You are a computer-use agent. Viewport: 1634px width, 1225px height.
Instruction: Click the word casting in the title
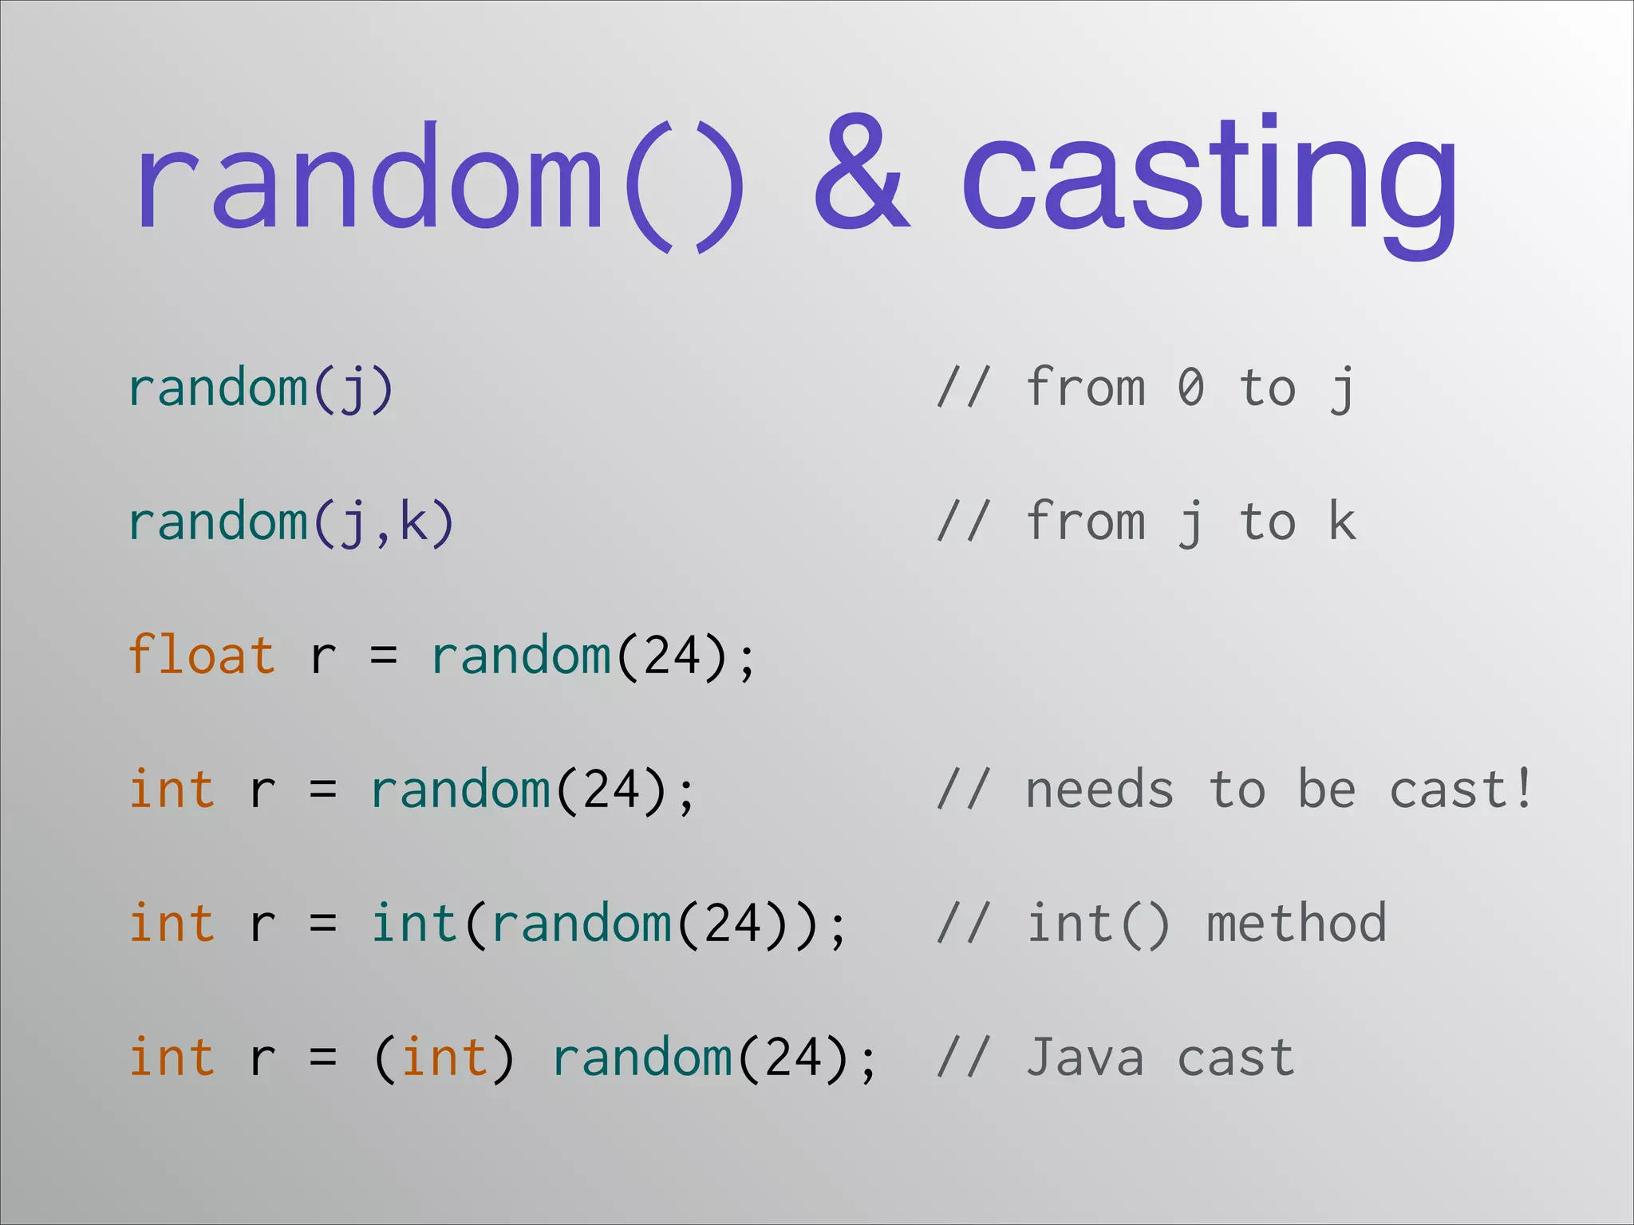[1209, 179]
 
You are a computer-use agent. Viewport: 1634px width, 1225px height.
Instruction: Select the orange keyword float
[201, 656]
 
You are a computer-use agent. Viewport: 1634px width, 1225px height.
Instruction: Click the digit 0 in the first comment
[1190, 388]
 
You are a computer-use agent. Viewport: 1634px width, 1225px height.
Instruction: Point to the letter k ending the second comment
[1342, 522]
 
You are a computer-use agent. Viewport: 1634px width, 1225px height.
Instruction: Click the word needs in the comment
[1099, 790]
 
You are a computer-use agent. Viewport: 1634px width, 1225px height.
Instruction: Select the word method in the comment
[1297, 924]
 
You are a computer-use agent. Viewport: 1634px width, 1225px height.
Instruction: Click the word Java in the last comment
[1085, 1058]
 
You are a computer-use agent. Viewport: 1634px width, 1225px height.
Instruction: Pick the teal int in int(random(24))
[413, 924]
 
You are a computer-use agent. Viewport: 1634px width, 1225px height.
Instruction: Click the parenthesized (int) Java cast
[444, 1058]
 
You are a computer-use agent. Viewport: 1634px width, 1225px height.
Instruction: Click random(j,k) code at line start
[291, 523]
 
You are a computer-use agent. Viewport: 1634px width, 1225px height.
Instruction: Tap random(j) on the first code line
[261, 389]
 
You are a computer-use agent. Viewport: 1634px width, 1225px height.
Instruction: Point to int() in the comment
[1098, 924]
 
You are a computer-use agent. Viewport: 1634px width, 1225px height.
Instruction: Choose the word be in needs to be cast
[1326, 790]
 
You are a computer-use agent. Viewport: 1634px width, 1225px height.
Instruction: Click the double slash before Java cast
[964, 1058]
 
